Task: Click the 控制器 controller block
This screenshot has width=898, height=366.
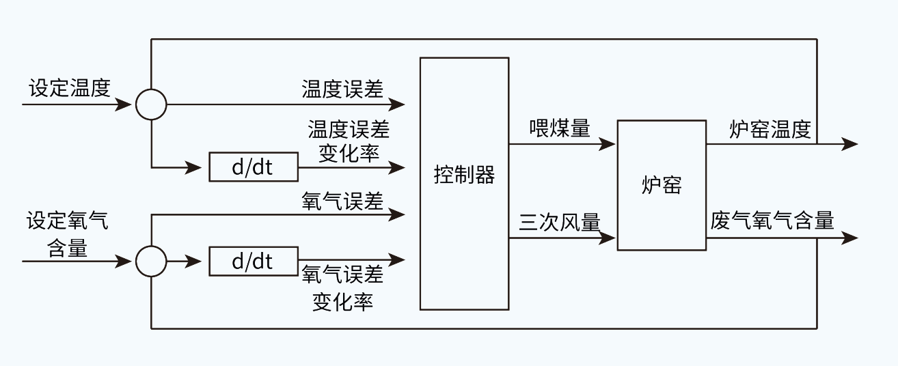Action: pos(464,183)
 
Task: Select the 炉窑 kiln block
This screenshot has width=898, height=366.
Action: pos(662,185)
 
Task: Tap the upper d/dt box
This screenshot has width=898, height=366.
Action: pos(253,167)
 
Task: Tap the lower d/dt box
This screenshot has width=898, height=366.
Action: pos(253,261)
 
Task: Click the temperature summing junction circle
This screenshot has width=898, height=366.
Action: pos(151,104)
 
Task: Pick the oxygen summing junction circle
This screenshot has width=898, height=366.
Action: pos(151,261)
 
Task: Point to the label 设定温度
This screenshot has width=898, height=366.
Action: pos(69,88)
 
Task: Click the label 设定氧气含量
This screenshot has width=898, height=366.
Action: pos(67,234)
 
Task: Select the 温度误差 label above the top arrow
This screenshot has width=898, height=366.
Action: pos(342,89)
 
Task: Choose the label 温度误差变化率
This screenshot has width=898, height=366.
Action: pos(349,141)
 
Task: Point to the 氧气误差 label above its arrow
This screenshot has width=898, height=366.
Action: pos(342,201)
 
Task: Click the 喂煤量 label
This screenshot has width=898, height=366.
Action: pos(559,128)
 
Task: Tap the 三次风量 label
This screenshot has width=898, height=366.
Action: pos(559,223)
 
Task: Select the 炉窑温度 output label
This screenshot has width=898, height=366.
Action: pos(770,130)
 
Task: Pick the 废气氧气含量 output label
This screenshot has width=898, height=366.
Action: pos(772,221)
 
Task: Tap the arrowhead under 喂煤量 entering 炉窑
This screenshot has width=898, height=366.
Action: pos(608,144)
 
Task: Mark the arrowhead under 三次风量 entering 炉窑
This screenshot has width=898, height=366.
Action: pos(608,238)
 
